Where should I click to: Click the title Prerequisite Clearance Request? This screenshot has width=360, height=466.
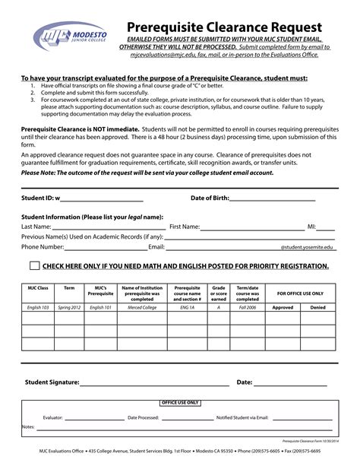(223, 27)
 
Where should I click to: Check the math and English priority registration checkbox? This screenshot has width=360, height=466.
(34, 266)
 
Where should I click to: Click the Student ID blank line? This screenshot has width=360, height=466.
(101, 199)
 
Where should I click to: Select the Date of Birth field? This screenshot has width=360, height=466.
(271, 199)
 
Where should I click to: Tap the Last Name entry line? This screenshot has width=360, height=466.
(108, 227)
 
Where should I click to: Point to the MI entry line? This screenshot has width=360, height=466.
(325, 227)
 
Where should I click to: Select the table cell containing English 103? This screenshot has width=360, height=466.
(38, 307)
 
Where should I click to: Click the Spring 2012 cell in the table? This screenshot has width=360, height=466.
(69, 307)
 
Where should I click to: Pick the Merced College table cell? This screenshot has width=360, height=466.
(142, 307)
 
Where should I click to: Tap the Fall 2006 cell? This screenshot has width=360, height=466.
(248, 307)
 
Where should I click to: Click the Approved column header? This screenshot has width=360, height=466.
(283, 307)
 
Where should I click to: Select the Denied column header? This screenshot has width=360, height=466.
(318, 307)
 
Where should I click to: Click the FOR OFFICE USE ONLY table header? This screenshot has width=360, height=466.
(300, 292)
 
